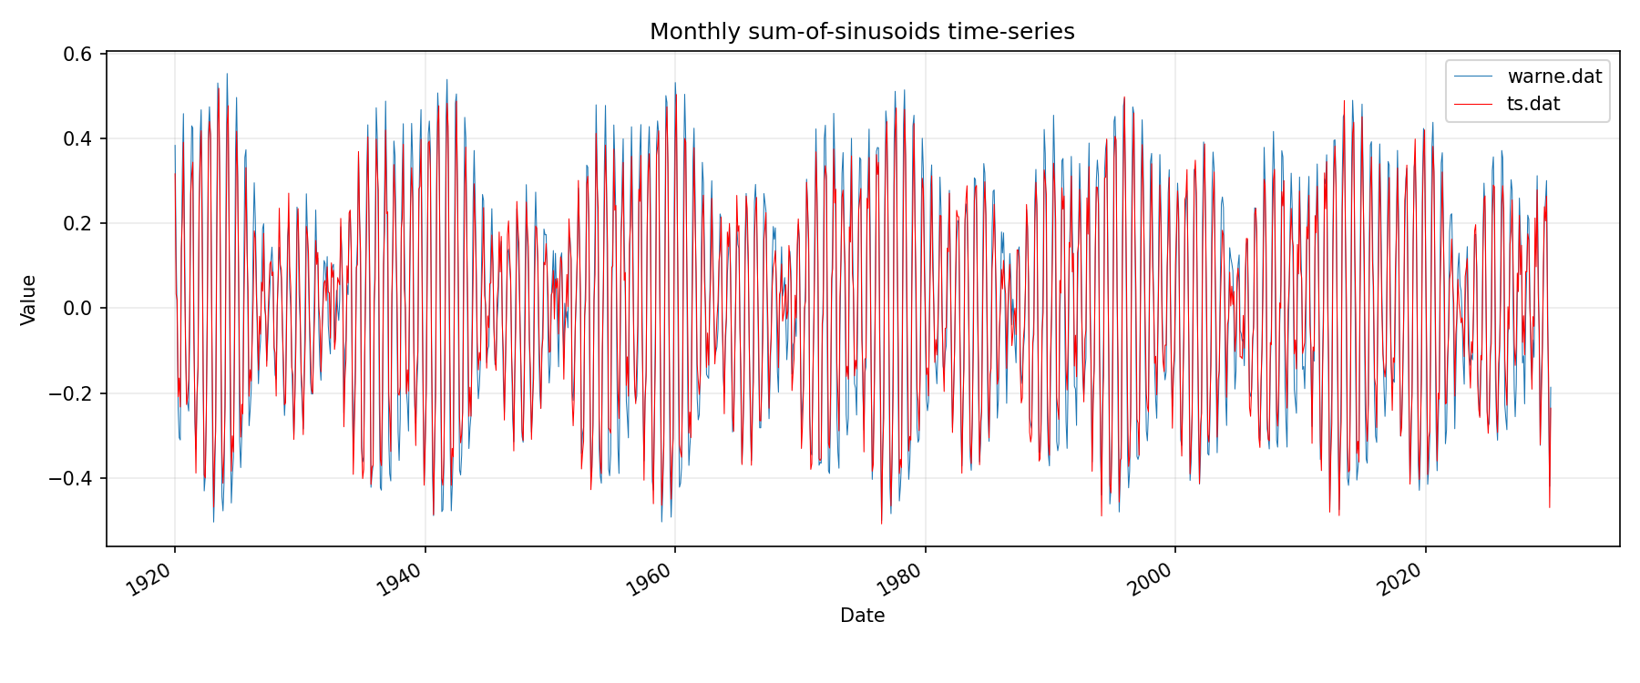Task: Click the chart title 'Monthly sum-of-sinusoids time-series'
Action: (862, 32)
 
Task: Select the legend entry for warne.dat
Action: (1554, 76)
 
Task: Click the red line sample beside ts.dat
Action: (1473, 104)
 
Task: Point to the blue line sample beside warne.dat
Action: (1473, 76)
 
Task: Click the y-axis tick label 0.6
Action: (79, 54)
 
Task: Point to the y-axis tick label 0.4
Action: (79, 138)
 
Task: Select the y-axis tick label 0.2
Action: (79, 223)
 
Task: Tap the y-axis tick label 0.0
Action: (79, 308)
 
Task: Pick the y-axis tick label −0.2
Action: (73, 393)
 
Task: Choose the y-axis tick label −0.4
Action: (73, 478)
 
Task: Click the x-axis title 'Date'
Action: (862, 616)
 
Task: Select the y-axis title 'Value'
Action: (28, 300)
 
